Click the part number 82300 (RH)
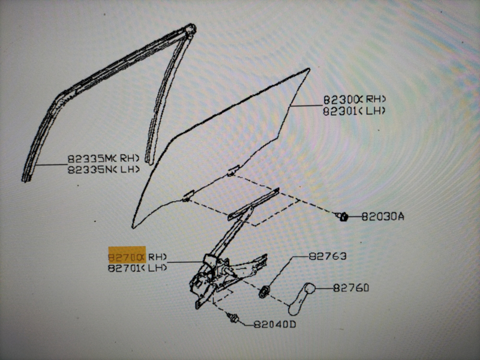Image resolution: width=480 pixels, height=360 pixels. point(354,99)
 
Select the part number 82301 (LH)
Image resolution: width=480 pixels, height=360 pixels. point(354,111)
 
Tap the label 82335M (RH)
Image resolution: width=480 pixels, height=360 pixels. point(103,158)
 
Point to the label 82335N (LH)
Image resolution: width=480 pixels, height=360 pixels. point(103,169)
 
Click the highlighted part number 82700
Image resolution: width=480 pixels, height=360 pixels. point(127,257)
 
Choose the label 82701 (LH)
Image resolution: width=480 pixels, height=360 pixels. point(137,268)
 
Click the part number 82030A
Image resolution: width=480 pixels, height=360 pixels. point(383,217)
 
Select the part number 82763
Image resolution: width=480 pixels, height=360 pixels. point(327,256)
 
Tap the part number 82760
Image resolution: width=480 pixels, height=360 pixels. point(351,288)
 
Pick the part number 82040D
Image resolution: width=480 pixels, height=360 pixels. point(275,324)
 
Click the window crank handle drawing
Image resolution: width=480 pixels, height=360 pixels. point(302,299)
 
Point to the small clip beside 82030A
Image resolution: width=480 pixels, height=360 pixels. point(342,217)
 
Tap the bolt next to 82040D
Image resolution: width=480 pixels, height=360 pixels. point(232,317)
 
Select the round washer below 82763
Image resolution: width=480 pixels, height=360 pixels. point(263,292)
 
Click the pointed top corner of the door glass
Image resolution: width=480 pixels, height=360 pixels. point(308,70)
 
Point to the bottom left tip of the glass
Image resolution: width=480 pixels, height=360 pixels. point(133,227)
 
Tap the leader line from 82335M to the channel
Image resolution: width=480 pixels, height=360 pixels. point(51,164)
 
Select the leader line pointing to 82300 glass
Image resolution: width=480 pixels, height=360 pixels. point(307,106)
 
